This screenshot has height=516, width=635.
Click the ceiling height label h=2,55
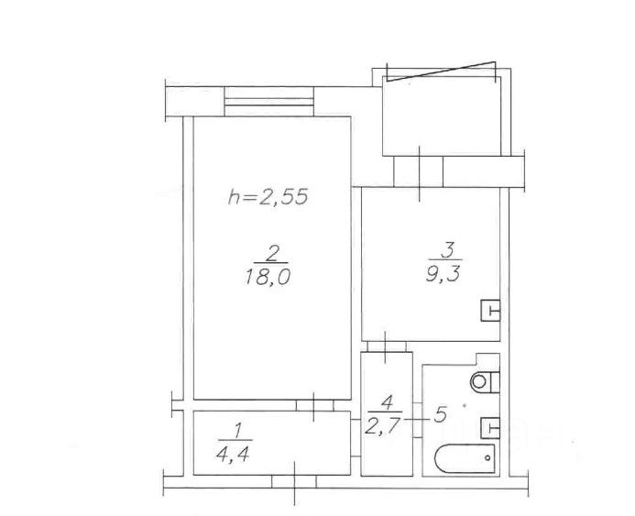point(268,197)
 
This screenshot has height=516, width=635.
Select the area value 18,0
point(268,278)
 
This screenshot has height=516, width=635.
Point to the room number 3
point(448,250)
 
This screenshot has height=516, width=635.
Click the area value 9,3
point(443,274)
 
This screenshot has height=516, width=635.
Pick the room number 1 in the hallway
point(238,431)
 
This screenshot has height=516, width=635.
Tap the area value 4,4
point(233,455)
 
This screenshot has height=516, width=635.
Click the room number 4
point(387,401)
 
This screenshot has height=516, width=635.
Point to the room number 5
point(440,415)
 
